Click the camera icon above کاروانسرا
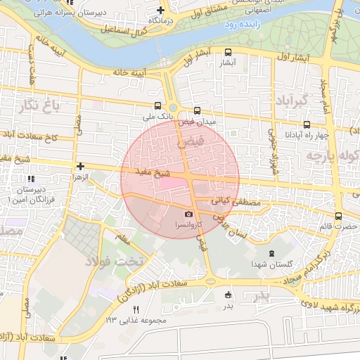click(188, 214)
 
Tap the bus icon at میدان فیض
click(197, 110)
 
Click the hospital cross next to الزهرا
click(81, 167)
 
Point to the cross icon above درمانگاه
click(160, 10)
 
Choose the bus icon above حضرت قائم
click(339, 216)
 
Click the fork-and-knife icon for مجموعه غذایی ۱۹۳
click(136, 309)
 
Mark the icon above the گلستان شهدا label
click(271, 253)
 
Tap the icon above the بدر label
click(227, 295)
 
